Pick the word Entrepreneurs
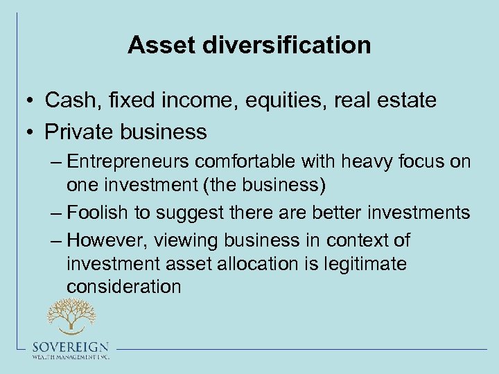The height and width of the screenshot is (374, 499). (131, 162)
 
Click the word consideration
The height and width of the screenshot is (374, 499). (124, 287)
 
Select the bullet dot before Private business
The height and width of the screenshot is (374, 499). (32, 132)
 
